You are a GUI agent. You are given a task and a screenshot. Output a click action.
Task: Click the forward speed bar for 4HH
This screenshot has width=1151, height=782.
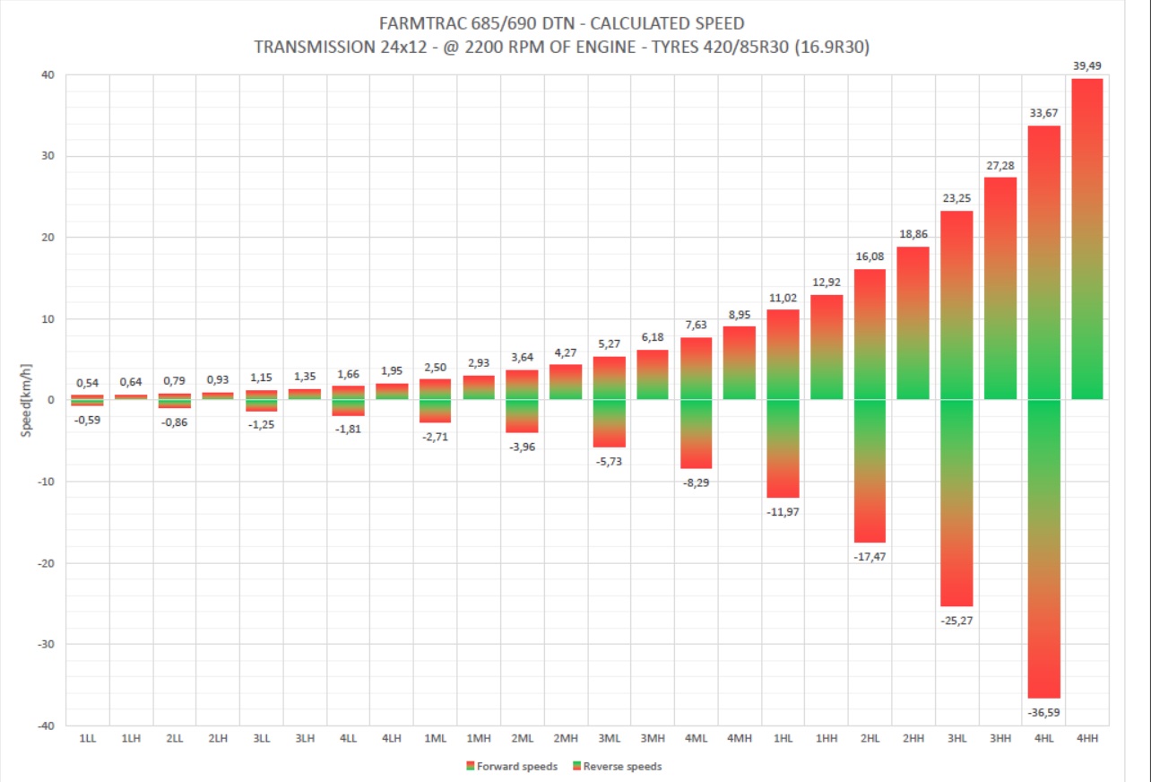[1087, 239]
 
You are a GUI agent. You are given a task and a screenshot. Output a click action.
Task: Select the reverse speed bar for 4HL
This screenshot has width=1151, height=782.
[1043, 548]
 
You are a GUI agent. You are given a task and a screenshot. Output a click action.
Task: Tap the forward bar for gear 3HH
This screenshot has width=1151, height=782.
[1000, 288]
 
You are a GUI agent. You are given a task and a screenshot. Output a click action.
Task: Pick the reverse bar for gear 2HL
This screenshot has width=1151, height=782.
[869, 471]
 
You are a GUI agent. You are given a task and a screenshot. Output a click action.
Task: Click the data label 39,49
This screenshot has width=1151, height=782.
[1087, 65]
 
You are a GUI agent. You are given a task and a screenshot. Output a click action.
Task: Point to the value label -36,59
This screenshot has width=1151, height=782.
[1043, 712]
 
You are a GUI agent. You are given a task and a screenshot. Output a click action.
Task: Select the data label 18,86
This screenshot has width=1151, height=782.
[913, 234]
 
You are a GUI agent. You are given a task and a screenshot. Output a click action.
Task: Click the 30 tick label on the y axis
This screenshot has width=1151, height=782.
[48, 156]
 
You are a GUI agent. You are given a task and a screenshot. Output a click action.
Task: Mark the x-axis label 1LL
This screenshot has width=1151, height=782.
[88, 738]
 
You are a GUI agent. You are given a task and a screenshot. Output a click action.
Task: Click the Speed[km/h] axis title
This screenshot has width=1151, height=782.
[28, 401]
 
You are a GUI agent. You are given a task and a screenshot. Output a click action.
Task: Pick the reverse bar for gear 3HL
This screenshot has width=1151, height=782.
[956, 502]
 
